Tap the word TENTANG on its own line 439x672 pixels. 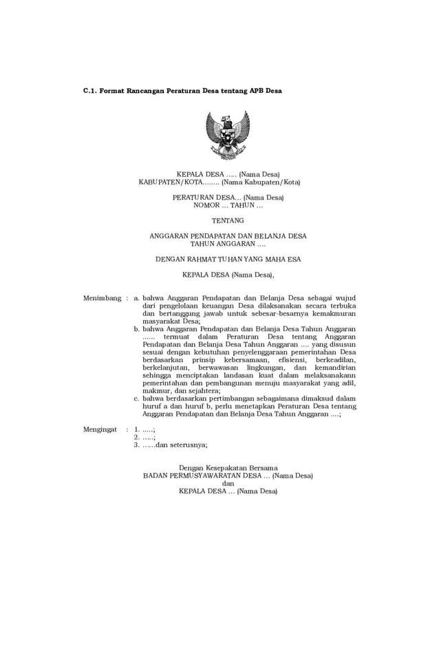(228, 220)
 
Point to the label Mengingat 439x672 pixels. (100, 428)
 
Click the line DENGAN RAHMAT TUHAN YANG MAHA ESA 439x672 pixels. (228, 260)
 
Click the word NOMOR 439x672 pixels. (207, 205)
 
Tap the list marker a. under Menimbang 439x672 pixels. (137, 298)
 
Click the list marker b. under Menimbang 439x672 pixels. (137, 329)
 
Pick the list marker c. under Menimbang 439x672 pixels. (137, 398)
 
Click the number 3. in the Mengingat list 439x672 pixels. (137, 445)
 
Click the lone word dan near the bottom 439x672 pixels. (228, 483)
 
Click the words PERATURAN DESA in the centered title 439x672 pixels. (201, 198)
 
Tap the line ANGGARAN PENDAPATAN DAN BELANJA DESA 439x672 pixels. (228, 236)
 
